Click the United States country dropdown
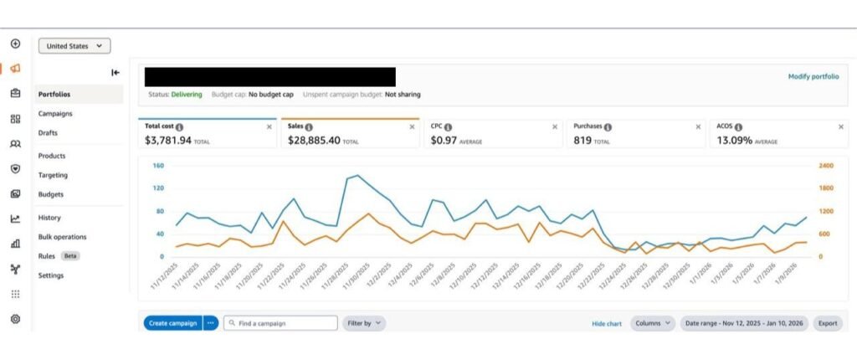74,46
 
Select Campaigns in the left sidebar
55,114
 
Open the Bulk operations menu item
62,237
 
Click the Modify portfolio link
813,76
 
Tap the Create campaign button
172,323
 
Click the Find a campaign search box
280,323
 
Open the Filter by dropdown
364,323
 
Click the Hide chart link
607,324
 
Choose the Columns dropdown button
653,323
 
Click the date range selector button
744,323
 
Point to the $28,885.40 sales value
314,141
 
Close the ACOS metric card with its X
840,127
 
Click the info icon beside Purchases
608,127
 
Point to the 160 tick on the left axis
159,165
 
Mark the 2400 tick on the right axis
826,165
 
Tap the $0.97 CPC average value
444,141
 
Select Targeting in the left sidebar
53,175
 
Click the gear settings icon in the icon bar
15,318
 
